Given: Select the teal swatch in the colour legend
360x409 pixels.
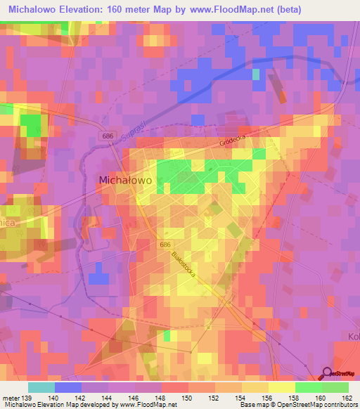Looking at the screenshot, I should click(x=41, y=387).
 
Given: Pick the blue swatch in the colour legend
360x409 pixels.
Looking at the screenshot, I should click(x=68, y=387).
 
